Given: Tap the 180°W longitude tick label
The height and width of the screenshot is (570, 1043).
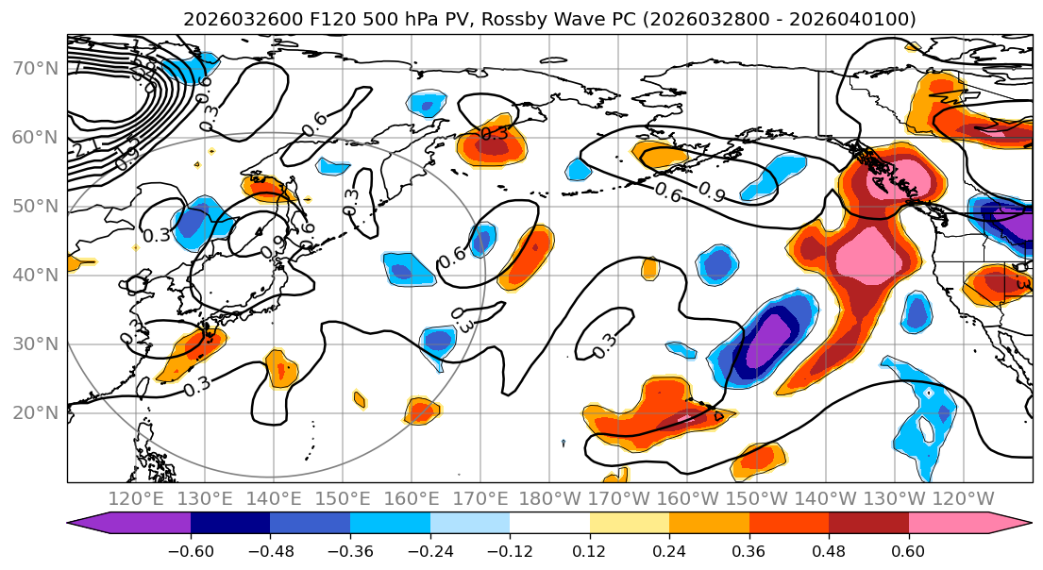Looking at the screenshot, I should click(549, 498).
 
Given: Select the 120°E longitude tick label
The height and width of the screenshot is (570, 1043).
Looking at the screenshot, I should click(136, 498).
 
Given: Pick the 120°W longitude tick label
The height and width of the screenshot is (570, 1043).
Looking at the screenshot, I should click(963, 498).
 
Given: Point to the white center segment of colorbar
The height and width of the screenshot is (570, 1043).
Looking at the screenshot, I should click(549, 524).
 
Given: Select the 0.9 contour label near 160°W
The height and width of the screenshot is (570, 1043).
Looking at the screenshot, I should click(713, 188).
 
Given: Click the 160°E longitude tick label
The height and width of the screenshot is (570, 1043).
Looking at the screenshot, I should click(412, 498).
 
